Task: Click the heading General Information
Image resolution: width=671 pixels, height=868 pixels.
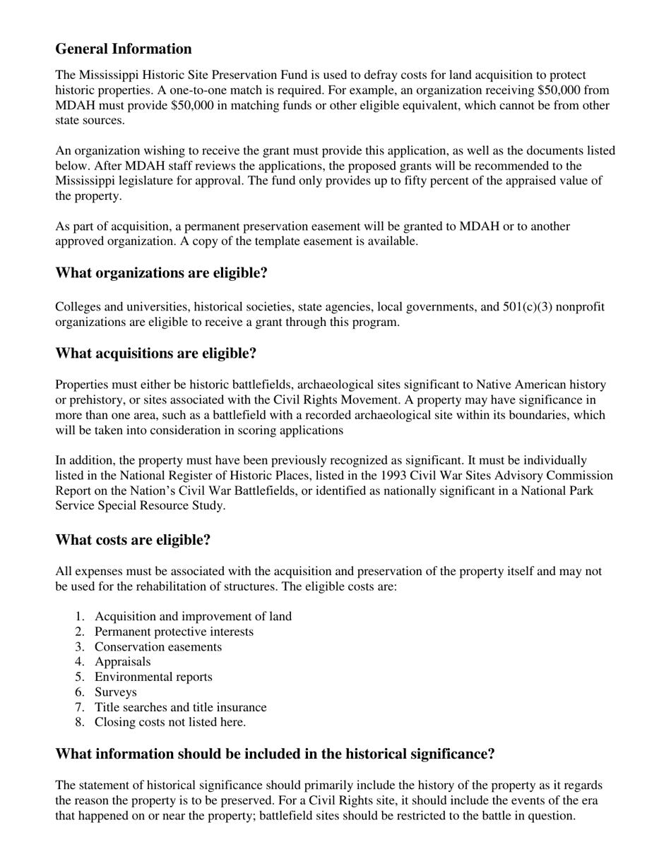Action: [124, 49]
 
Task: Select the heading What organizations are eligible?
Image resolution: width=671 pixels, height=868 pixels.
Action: [161, 273]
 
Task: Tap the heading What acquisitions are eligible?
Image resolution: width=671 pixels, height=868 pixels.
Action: [155, 354]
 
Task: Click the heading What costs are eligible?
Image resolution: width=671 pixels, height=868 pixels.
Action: [133, 541]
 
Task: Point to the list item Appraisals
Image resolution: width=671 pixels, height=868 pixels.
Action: [122, 662]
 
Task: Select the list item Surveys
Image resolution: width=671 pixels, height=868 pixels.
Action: [116, 692]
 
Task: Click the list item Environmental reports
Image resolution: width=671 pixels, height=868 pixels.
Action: [153, 677]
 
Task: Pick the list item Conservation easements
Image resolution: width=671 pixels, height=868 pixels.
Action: [158, 647]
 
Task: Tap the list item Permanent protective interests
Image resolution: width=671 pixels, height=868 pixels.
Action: [174, 632]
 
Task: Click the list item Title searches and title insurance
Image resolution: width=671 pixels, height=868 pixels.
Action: [181, 707]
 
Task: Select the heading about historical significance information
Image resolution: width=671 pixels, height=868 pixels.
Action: [275, 754]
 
